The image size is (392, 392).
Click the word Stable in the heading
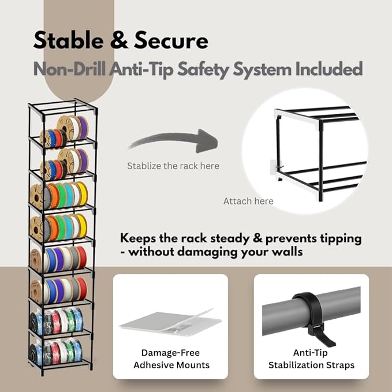68,40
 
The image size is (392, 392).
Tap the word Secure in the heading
171,40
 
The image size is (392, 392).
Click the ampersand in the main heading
119,41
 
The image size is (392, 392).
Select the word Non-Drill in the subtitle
69,69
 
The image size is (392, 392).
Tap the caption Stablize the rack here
173,166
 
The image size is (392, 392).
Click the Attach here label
248,201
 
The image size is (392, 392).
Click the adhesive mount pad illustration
170,322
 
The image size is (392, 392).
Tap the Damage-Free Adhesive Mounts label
171,359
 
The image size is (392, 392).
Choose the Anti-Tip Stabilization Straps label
311,359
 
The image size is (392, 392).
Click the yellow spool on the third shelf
82,194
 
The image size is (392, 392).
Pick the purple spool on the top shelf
83,128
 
